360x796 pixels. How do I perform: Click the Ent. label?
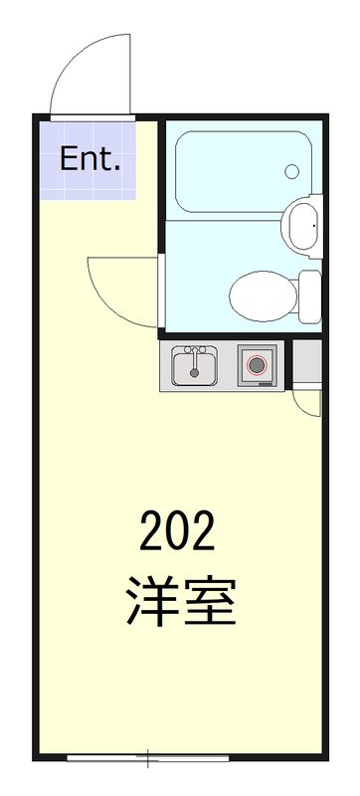coord(90,159)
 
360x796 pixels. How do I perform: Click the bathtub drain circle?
coord(291,171)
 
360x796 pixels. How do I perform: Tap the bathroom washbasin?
coord(301,227)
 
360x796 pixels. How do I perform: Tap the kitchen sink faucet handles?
coord(197,350)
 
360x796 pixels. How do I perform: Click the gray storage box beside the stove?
coord(307,364)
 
